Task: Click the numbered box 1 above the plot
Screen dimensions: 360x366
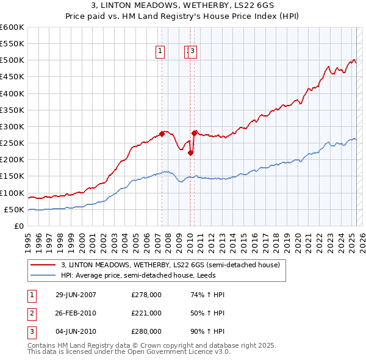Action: pos(160,52)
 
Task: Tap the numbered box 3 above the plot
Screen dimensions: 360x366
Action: pos(192,52)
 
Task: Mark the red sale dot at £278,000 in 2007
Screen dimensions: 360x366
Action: pos(162,134)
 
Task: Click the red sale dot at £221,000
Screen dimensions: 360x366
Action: pos(190,153)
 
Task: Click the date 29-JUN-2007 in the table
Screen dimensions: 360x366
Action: pos(76,295)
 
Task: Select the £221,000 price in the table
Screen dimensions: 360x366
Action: pos(146,313)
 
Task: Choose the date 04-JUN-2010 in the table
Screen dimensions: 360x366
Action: pos(76,331)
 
